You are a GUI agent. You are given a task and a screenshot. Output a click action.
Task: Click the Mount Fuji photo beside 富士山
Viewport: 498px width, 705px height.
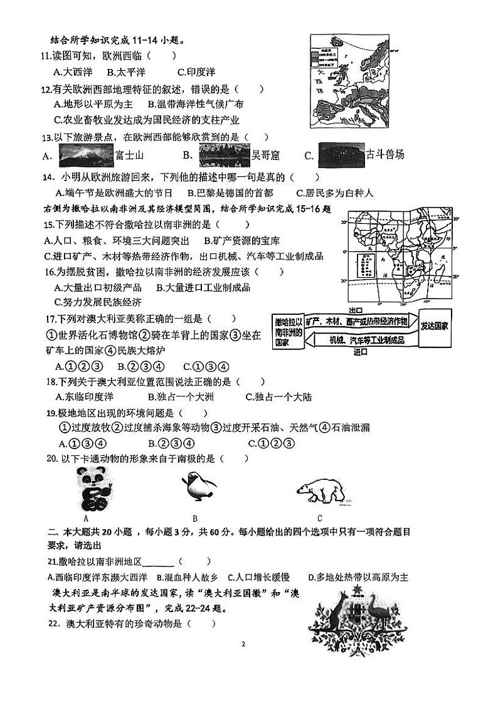coord(86,154)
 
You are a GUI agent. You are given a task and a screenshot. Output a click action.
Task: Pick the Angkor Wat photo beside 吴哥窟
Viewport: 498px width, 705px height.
coord(224,154)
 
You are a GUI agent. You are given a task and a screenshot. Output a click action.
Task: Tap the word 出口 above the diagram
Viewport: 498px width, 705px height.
coord(356,310)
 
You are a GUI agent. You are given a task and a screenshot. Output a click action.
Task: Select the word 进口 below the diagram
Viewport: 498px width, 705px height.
coord(360,352)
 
